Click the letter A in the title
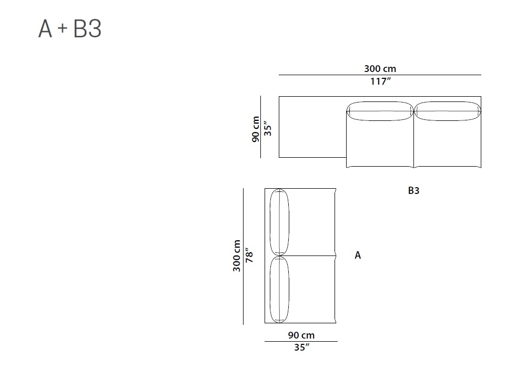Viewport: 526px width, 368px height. coord(45,28)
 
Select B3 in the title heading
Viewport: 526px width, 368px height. coord(87,28)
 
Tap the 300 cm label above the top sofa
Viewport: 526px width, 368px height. coord(380,69)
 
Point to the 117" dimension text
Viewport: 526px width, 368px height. coord(380,81)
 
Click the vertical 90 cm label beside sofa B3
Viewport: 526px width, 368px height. coord(256,129)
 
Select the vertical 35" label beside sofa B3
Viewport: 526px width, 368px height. coord(267,128)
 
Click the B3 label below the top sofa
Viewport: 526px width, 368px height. coord(413,190)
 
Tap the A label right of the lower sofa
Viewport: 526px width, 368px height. coord(358,255)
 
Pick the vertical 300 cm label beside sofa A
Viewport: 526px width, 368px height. coord(237,255)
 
